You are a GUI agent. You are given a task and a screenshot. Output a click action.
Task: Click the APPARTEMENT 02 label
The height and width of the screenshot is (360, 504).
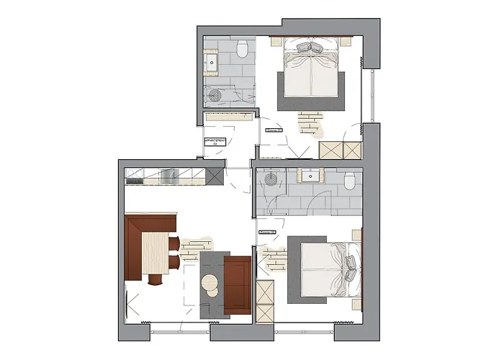click(x=215, y=142)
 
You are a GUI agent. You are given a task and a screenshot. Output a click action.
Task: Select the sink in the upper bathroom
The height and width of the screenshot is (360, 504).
click(x=212, y=63)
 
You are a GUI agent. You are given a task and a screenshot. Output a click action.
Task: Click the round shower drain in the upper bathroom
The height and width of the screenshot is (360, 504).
click(x=213, y=94)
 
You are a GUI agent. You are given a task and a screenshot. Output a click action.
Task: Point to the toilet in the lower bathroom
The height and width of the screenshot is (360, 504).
click(x=349, y=180)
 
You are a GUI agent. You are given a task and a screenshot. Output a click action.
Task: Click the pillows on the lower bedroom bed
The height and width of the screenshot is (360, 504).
click(x=350, y=264)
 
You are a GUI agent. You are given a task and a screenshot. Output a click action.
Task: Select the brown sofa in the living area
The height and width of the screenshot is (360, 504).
click(x=237, y=285)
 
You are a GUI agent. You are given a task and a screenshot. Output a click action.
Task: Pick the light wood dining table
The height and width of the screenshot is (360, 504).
click(x=156, y=253)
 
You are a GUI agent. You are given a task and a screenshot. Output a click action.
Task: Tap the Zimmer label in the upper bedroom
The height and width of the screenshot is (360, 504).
click(x=273, y=130)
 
